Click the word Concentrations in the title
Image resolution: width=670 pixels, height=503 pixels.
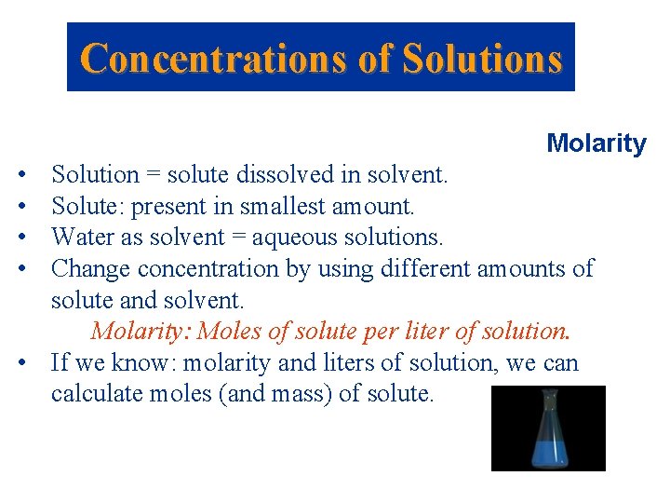[x=215, y=58]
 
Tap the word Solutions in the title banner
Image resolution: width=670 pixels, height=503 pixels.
[x=483, y=58]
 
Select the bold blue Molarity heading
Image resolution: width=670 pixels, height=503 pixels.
[x=596, y=143]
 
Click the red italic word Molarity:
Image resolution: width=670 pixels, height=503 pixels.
[x=141, y=332]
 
